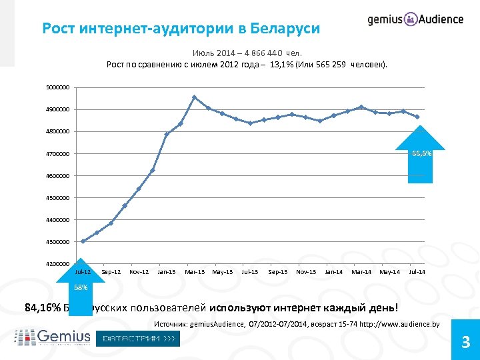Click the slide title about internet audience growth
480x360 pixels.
(180, 29)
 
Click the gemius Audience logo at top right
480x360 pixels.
(415, 19)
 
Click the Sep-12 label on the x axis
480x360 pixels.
(111, 272)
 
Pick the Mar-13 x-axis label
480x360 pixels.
(195, 272)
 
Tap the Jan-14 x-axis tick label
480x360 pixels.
(334, 272)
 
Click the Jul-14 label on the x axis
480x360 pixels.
(417, 272)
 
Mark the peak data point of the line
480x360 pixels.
(195, 97)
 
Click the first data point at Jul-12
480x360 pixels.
(83, 241)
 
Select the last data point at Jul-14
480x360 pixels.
(417, 117)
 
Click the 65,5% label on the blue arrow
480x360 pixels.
(421, 154)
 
